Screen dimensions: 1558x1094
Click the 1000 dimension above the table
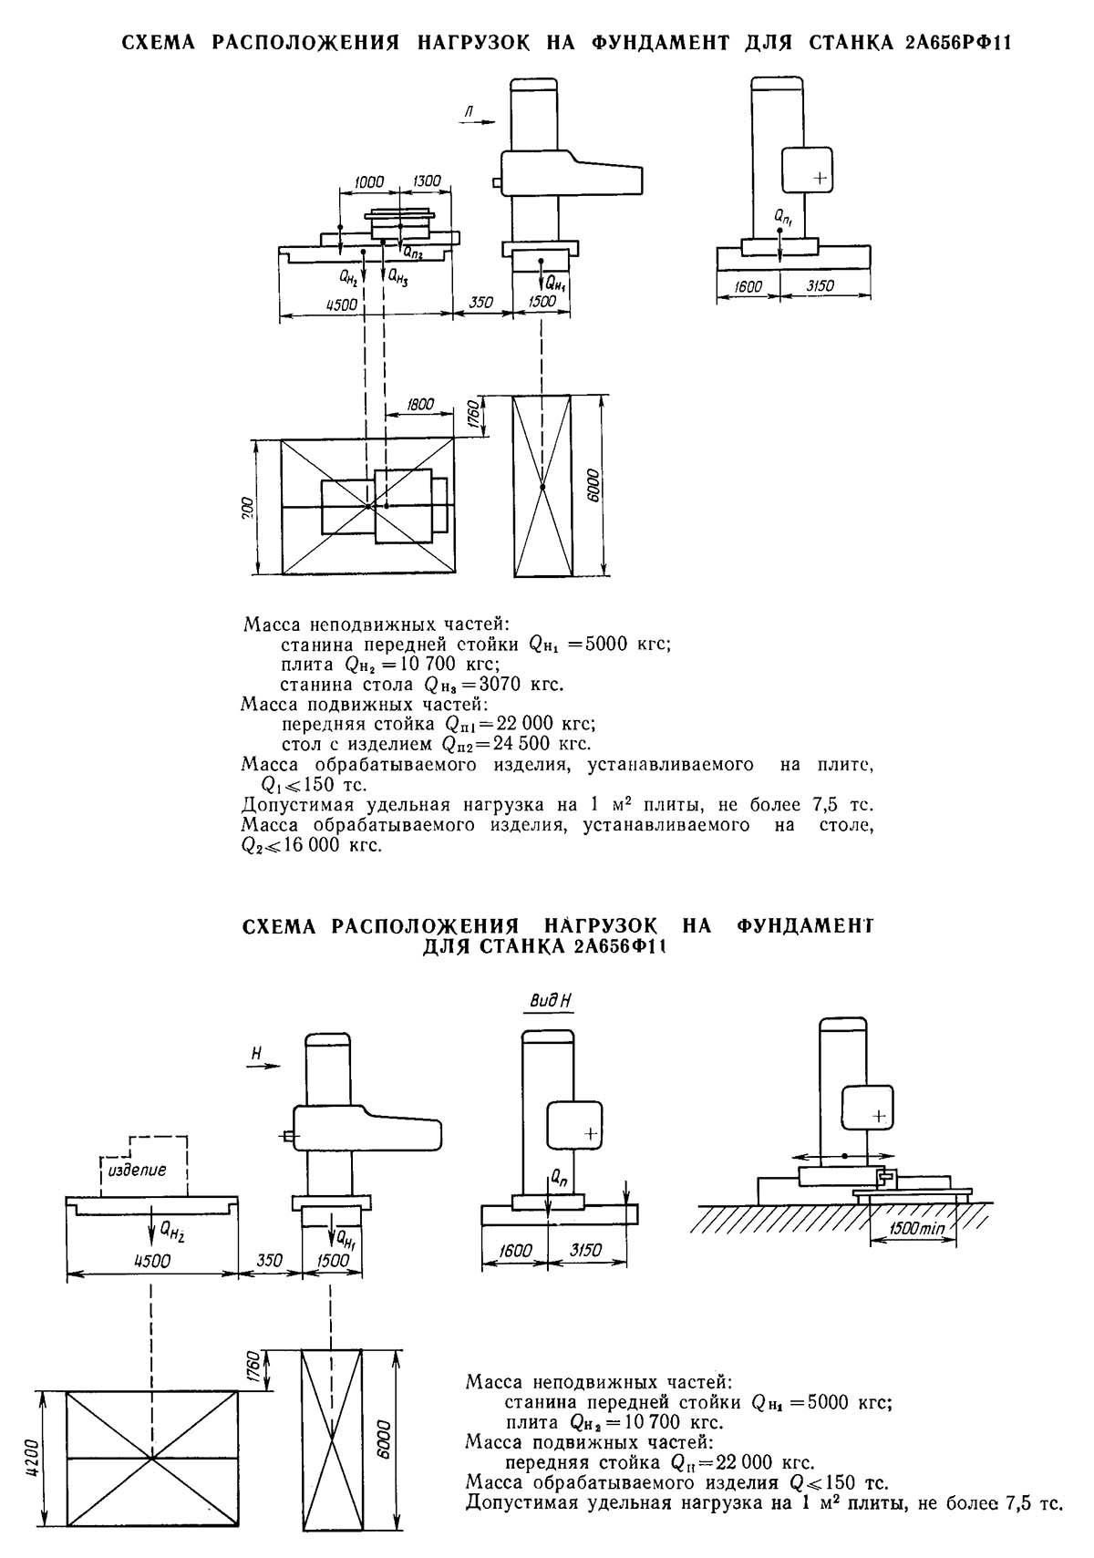click(369, 182)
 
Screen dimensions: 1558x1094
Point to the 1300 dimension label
click(428, 182)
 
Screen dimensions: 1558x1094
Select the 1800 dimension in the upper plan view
click(421, 404)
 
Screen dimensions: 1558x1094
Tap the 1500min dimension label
click(917, 1228)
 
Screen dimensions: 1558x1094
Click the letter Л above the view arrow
click(468, 111)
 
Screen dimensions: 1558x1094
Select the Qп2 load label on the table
click(412, 253)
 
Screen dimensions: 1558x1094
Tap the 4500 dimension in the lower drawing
click(152, 1261)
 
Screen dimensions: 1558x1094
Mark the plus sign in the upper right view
click(820, 179)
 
